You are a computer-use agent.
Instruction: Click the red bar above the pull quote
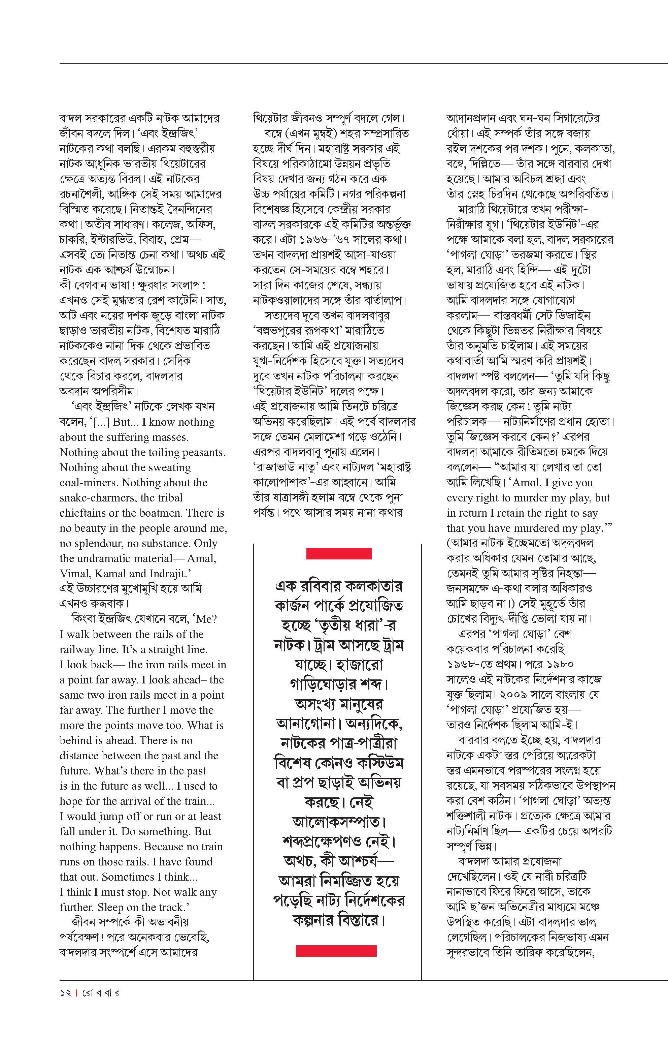tap(339, 554)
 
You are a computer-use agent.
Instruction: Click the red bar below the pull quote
tap(336, 951)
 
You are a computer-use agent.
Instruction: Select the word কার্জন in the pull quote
tap(295, 605)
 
